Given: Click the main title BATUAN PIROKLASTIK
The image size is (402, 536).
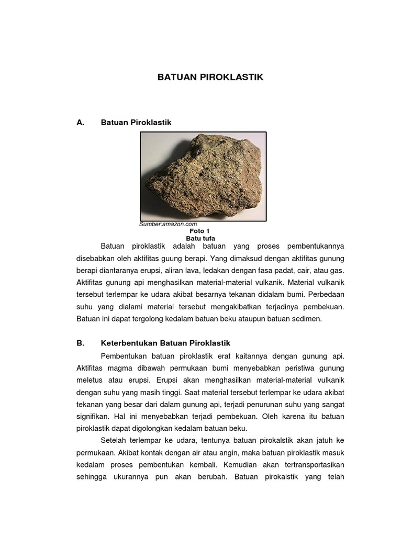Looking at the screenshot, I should [210, 77].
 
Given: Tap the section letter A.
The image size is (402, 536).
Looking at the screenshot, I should [80, 122].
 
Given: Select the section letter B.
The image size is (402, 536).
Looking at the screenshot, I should [80, 343].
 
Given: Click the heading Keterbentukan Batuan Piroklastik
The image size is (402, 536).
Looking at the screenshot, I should [165, 343].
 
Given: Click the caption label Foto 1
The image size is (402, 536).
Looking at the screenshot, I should [200, 231].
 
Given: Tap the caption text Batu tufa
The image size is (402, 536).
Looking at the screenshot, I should [200, 238].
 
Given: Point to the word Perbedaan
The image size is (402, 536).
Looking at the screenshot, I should [327, 295].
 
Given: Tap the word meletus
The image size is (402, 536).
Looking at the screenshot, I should [90, 380].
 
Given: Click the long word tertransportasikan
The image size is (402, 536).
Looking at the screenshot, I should [313, 464].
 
